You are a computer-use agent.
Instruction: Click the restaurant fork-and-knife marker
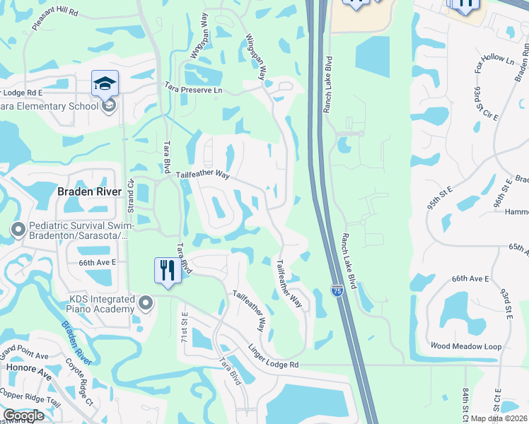[168, 270]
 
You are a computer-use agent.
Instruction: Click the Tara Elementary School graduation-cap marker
[105, 84]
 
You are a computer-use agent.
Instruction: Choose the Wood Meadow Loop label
[466, 346]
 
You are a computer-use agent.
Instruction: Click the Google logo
[23, 416]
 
